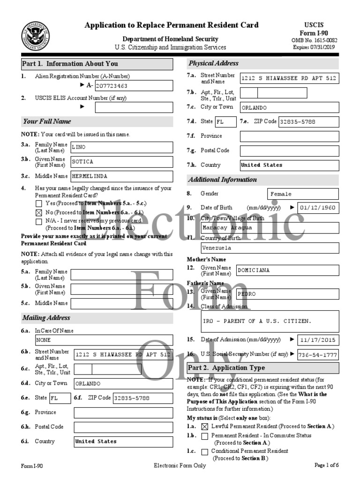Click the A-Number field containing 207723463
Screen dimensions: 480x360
(133, 86)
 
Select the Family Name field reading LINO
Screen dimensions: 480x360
(121, 147)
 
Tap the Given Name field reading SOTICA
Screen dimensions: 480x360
(121, 162)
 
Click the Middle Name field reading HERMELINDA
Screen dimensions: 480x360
(121, 176)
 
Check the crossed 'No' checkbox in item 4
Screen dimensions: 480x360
(38, 212)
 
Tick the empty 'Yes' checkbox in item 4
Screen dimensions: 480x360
(38, 204)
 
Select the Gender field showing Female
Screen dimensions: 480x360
(303, 194)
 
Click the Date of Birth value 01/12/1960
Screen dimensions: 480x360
(318, 208)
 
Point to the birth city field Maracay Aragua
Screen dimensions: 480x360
(269, 227)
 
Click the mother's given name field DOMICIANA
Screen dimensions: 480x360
(287, 270)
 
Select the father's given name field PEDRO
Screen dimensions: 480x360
(287, 294)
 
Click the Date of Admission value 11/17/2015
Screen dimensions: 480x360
(318, 340)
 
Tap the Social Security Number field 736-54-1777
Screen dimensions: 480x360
(318, 354)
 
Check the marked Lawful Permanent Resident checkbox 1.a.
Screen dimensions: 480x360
(204, 427)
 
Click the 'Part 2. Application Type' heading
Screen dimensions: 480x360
(226, 368)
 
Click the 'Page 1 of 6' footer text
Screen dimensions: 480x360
(326, 465)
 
